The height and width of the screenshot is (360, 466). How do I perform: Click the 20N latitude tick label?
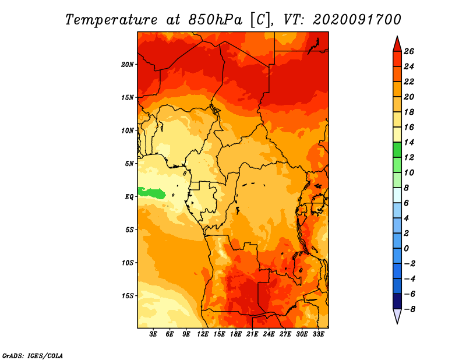click(x=127, y=65)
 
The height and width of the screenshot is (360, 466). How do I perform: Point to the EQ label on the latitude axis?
click(x=129, y=197)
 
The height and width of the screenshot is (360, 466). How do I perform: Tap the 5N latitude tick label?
click(x=129, y=164)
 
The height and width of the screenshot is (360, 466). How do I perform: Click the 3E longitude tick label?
click(x=153, y=334)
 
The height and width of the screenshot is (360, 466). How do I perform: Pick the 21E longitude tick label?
click(x=252, y=334)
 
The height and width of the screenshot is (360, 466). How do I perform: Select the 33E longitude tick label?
click(x=318, y=334)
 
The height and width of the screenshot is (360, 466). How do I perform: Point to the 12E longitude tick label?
click(x=203, y=334)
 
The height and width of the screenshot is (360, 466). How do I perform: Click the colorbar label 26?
click(x=409, y=51)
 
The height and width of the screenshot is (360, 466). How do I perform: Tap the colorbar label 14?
click(x=409, y=142)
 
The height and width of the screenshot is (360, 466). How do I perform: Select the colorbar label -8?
click(x=409, y=309)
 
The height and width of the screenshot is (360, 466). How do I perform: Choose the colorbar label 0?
click(x=406, y=249)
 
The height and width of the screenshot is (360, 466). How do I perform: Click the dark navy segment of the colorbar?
click(x=397, y=301)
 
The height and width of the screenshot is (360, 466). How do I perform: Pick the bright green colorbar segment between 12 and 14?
click(x=397, y=150)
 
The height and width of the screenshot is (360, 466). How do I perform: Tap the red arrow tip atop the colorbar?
click(x=397, y=37)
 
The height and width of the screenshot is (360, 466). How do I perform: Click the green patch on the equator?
click(x=151, y=193)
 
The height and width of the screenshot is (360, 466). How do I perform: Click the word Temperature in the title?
click(x=111, y=20)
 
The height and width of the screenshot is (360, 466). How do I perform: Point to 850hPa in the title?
click(x=215, y=20)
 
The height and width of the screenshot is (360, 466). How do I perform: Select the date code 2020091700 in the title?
click(x=357, y=20)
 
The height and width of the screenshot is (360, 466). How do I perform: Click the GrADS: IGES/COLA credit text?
click(x=33, y=355)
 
